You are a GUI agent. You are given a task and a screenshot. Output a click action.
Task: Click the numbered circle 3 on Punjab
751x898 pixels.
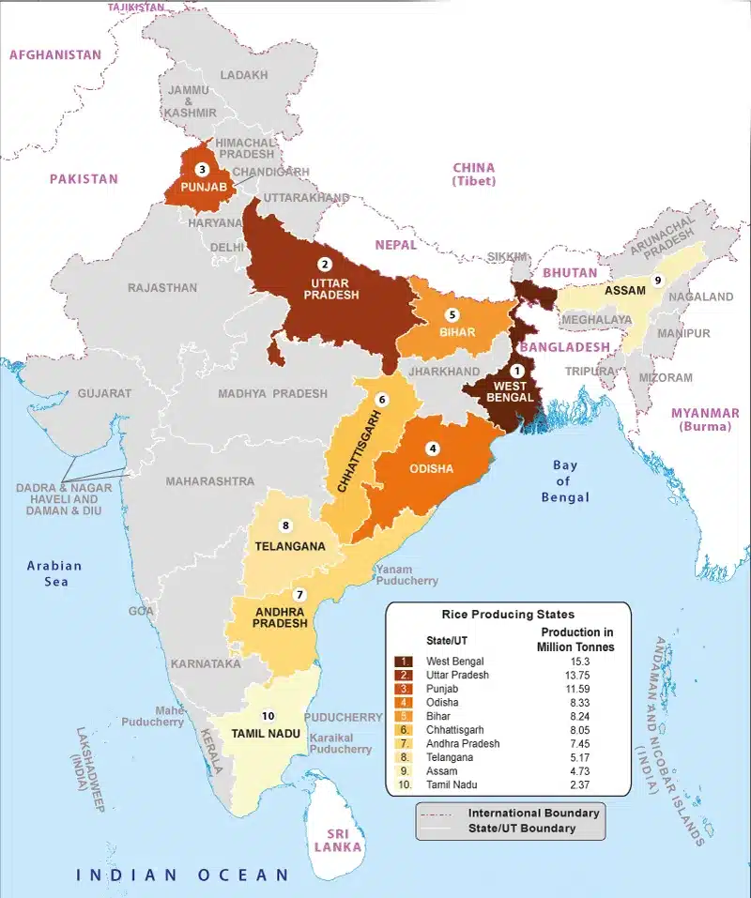(201, 170)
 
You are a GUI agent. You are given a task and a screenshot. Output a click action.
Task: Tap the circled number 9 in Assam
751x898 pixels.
(658, 280)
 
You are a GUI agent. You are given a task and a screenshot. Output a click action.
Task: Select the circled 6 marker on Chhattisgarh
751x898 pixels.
(381, 399)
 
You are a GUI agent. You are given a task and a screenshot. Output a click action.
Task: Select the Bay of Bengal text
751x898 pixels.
(565, 480)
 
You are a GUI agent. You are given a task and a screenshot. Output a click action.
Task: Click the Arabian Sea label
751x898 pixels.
(54, 573)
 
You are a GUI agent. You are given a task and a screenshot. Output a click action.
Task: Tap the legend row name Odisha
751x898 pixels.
(444, 702)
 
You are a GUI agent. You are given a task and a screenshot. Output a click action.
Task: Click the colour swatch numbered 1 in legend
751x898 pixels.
(404, 662)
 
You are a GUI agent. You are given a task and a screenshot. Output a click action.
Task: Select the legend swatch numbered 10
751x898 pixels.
(404, 784)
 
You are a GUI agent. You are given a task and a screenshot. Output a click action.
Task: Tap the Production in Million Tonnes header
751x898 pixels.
(575, 639)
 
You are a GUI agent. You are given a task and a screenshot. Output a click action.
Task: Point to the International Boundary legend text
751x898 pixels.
(533, 813)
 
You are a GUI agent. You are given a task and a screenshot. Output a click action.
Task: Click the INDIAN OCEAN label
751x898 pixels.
(183, 875)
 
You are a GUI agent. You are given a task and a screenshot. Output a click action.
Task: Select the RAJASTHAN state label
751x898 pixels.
(162, 287)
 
